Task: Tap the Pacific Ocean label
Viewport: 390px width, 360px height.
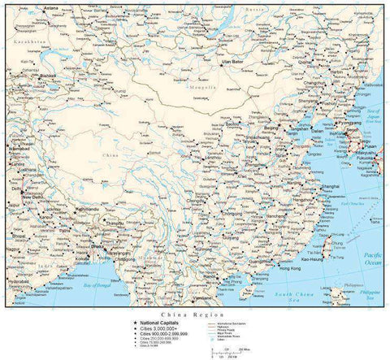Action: (373, 258)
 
